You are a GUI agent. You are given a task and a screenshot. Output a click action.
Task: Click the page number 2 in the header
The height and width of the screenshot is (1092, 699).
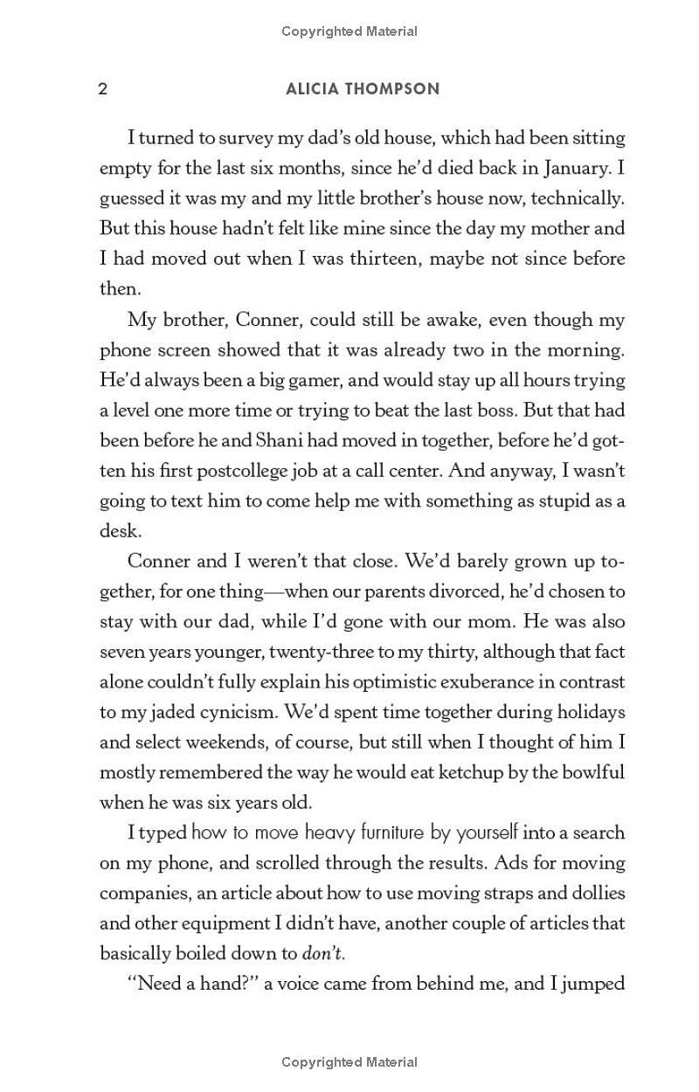[x=103, y=89]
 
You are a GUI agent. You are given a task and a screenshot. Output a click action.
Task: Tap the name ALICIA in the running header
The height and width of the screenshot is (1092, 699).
[x=313, y=89]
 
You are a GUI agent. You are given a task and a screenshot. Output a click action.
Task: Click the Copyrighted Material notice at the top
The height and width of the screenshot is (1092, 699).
[x=349, y=31]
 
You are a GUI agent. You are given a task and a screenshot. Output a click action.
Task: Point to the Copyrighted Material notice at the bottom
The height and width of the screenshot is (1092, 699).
[x=349, y=1062]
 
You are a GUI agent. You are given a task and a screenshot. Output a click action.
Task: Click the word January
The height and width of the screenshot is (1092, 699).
[x=578, y=167]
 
